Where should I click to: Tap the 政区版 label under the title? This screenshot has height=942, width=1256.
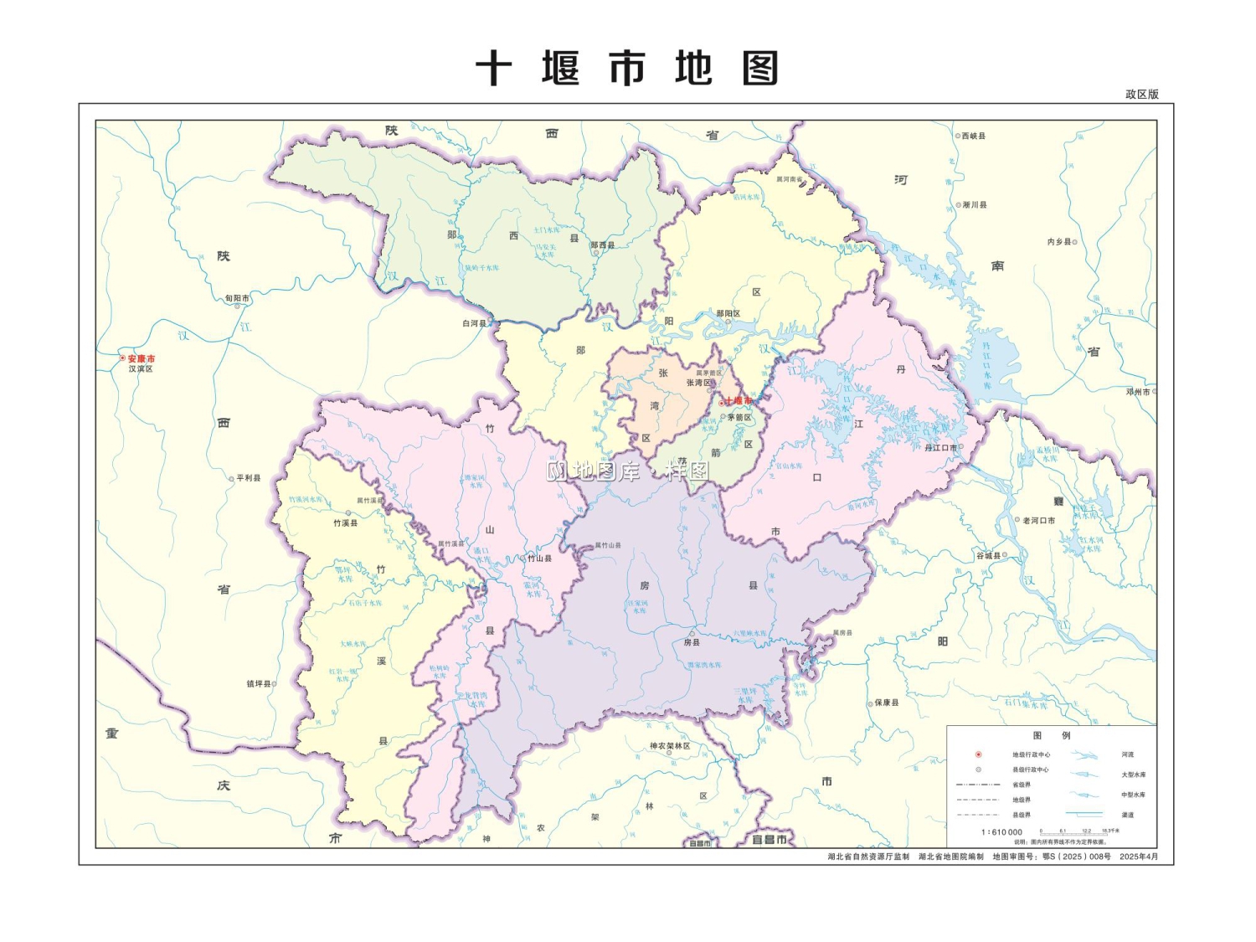pyautogui.click(x=1141, y=95)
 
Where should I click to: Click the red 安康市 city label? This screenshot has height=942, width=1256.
pyautogui.click(x=141, y=358)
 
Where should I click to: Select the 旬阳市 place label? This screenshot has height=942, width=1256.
pyautogui.click(x=237, y=298)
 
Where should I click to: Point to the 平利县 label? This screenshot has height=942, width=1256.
pyautogui.click(x=248, y=478)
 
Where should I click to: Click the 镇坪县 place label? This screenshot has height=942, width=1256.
pyautogui.click(x=259, y=684)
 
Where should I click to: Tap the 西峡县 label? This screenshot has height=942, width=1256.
pyautogui.click(x=973, y=136)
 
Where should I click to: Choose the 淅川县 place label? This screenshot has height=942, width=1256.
pyautogui.click(x=974, y=205)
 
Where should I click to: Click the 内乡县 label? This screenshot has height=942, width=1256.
pyautogui.click(x=1058, y=242)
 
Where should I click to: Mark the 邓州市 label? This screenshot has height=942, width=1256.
pyautogui.click(x=1138, y=392)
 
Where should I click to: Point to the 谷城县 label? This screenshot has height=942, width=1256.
pyautogui.click(x=988, y=556)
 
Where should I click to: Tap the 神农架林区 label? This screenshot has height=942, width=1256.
pyautogui.click(x=670, y=746)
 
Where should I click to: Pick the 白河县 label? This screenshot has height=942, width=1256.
pyautogui.click(x=474, y=323)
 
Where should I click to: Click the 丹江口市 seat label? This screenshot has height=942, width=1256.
pyautogui.click(x=940, y=448)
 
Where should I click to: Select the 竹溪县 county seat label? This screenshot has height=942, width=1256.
pyautogui.click(x=345, y=523)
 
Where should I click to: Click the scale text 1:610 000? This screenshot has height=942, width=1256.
pyautogui.click(x=1001, y=832)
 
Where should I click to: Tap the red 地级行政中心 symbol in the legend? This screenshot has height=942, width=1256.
pyautogui.click(x=978, y=754)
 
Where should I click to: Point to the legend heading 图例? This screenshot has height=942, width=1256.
pyautogui.click(x=1052, y=735)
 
